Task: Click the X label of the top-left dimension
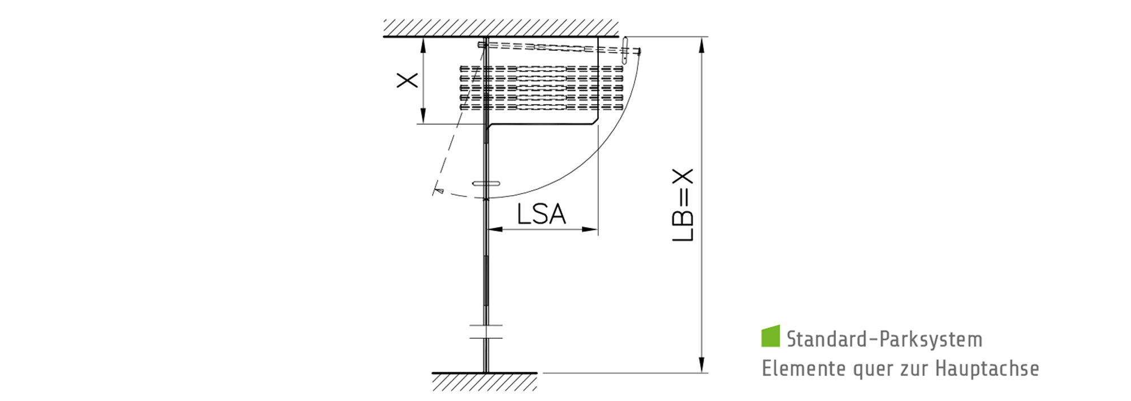tap(407, 80)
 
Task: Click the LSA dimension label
tap(541, 214)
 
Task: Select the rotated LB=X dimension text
tap(683, 205)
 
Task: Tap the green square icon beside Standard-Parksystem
tap(770, 335)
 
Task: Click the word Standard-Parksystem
tap(884, 339)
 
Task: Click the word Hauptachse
tap(987, 368)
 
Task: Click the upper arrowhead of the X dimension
tap(423, 44)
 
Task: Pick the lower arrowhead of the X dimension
tap(423, 117)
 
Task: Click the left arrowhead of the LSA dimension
tap(495, 230)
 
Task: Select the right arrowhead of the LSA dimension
tap(590, 230)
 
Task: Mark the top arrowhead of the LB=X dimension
tap(702, 45)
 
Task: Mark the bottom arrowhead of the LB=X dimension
tap(702, 365)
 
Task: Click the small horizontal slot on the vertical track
tap(486, 183)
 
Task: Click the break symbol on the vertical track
tap(486, 332)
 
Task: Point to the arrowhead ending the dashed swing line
tap(437, 190)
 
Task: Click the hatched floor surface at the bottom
tap(485, 382)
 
